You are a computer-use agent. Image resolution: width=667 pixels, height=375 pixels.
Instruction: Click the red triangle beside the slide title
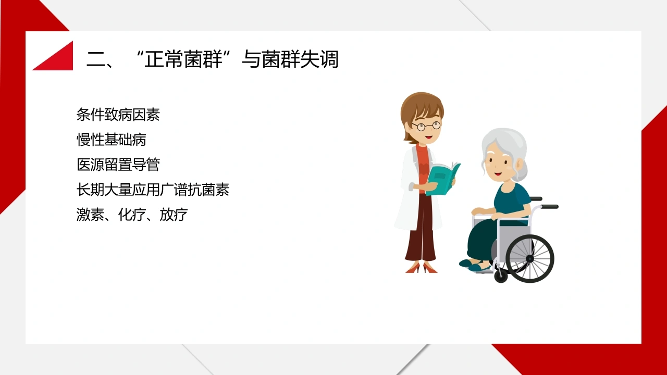click(59, 59)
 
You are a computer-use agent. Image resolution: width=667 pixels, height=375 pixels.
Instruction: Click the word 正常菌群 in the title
click(183, 59)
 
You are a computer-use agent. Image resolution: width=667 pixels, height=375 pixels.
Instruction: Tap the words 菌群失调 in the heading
click(300, 59)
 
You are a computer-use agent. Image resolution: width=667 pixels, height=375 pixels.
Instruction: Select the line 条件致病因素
click(118, 115)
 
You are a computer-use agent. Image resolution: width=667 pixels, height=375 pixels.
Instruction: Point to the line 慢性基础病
click(112, 140)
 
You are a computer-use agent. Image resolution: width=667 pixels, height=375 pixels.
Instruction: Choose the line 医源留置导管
click(118, 165)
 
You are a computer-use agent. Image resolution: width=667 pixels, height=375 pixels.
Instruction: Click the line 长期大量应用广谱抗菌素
click(153, 190)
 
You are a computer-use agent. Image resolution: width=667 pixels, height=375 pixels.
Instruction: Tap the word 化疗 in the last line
click(132, 215)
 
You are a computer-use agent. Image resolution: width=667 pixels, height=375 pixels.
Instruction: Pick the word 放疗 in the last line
click(174, 215)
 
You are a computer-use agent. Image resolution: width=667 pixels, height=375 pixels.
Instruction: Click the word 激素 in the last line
click(90, 215)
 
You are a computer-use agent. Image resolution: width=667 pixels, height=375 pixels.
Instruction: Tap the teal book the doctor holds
click(443, 179)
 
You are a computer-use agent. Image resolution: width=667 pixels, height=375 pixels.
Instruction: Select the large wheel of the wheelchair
click(530, 259)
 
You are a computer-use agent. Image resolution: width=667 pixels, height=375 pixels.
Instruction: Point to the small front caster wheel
click(501, 276)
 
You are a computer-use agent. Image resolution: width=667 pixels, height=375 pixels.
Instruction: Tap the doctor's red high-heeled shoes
click(422, 268)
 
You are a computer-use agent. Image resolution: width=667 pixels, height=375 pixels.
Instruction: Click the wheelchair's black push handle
click(549, 207)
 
